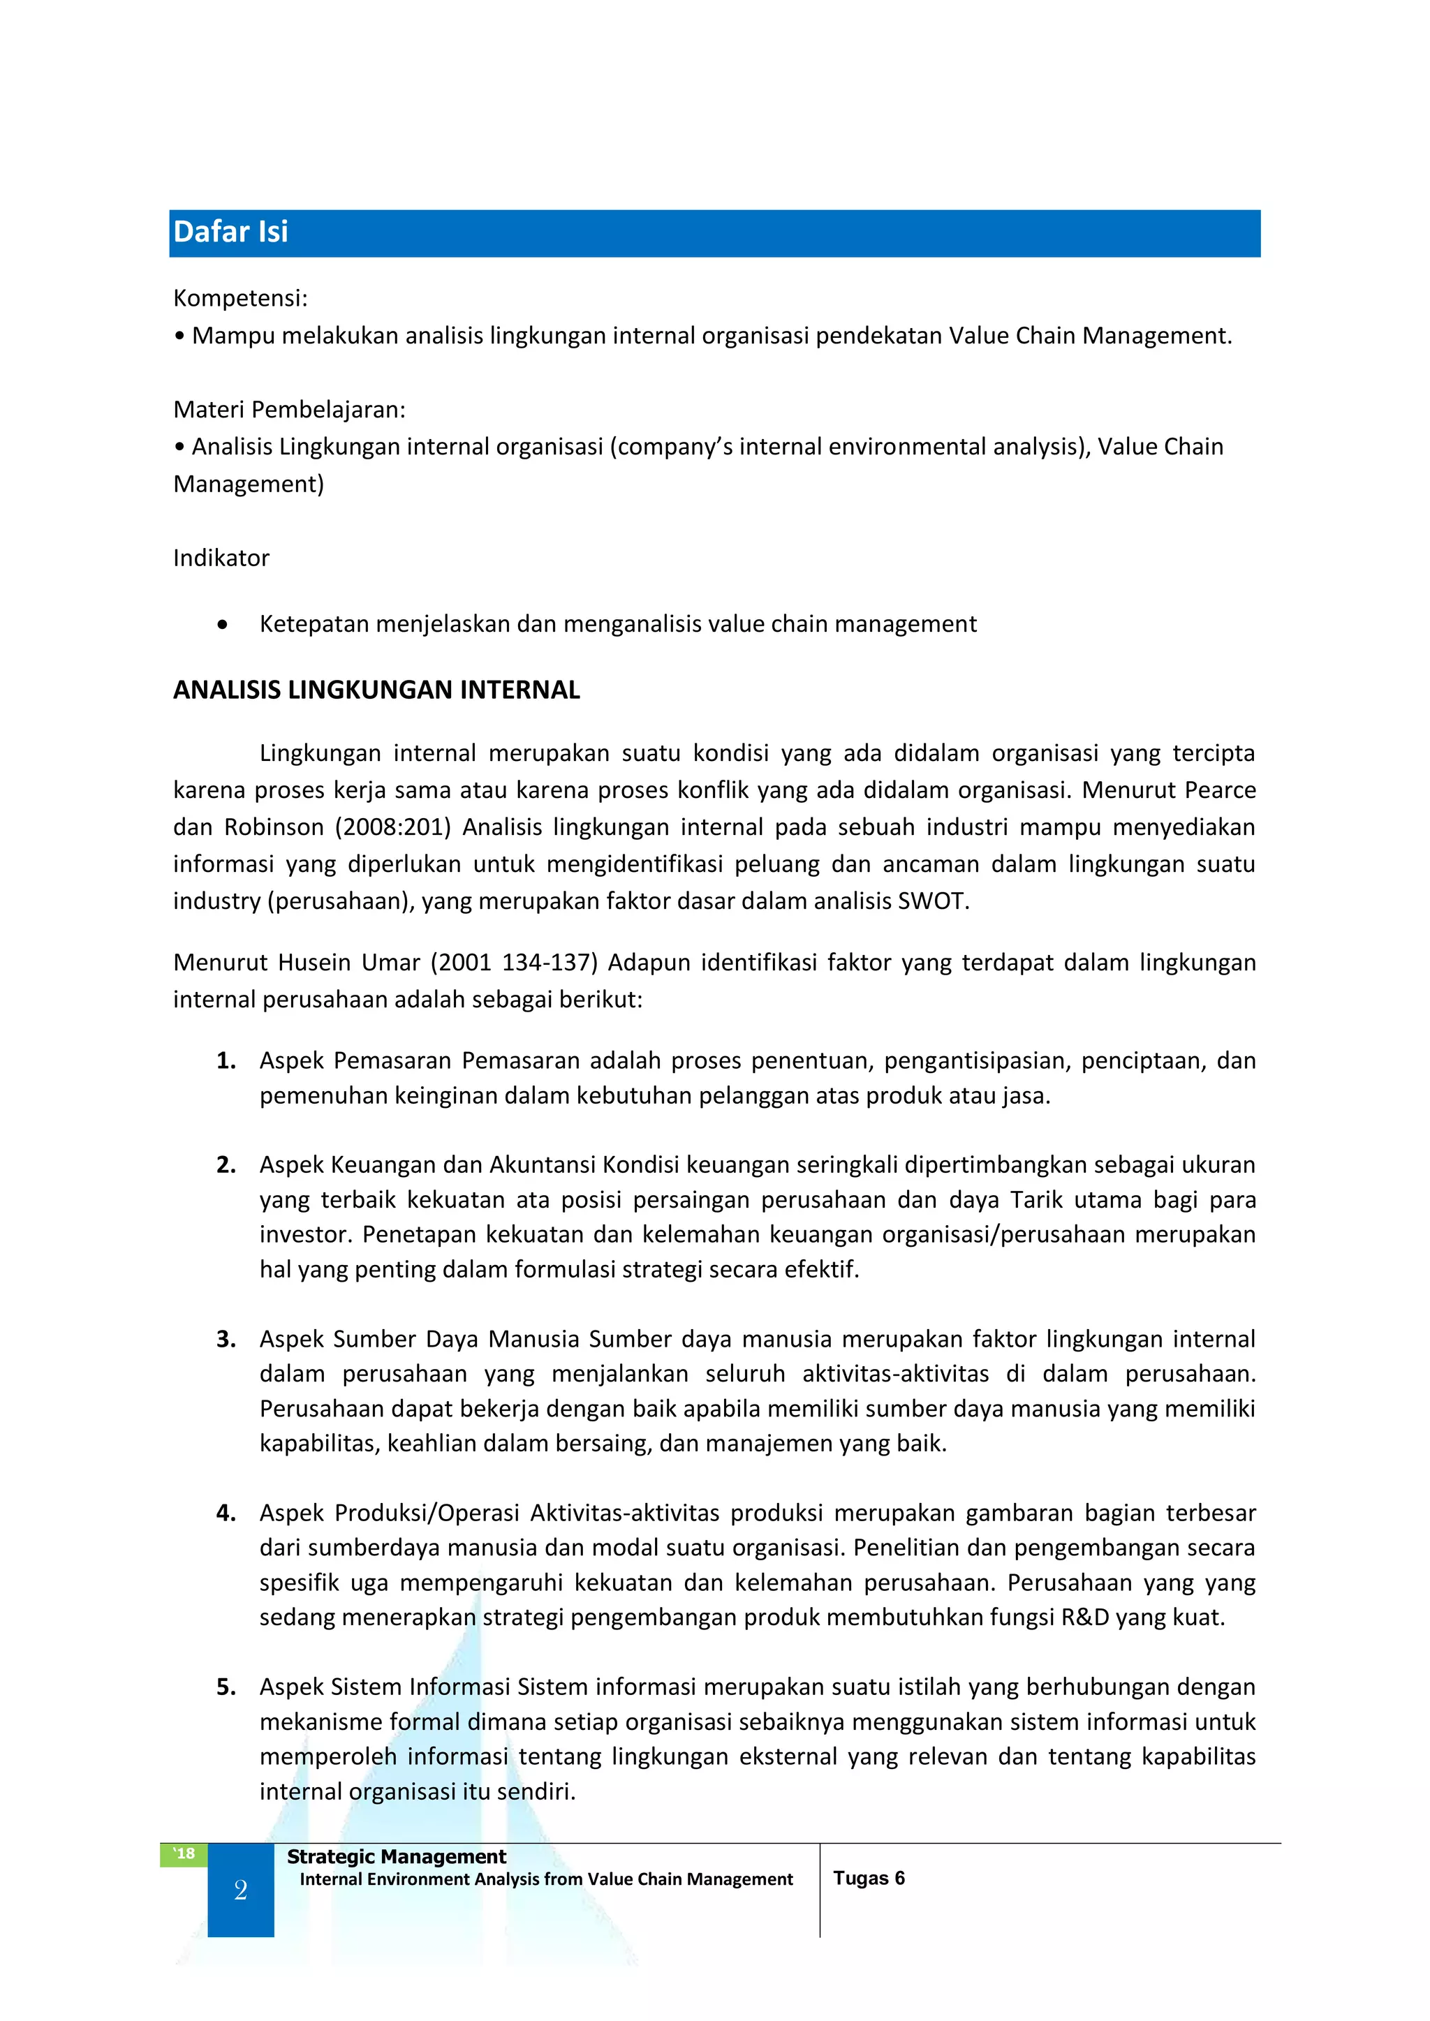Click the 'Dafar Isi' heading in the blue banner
click(x=230, y=232)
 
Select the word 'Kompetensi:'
click(x=240, y=298)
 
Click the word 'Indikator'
click(x=221, y=558)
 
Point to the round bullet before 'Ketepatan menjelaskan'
click(x=223, y=625)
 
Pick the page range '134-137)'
click(x=550, y=963)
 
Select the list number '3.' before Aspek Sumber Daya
click(x=226, y=1340)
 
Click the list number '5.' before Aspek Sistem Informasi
click(x=226, y=1687)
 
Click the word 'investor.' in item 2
click(x=306, y=1235)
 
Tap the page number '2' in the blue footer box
click(x=240, y=1890)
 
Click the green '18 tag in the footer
click(x=183, y=1853)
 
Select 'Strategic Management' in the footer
click(x=396, y=1856)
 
